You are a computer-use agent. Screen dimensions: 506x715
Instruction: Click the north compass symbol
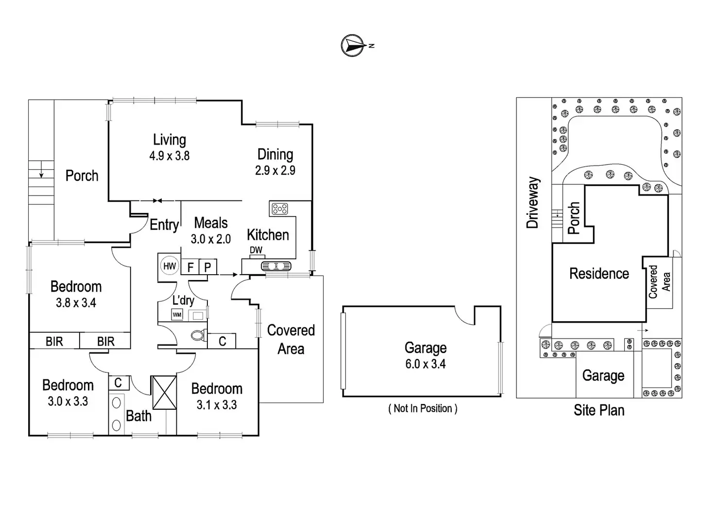tap(353, 46)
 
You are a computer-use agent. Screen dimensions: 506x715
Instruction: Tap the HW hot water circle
tap(169, 266)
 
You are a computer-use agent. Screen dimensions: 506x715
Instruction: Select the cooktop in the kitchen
tap(280, 209)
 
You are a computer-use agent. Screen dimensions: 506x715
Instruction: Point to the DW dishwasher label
tap(256, 250)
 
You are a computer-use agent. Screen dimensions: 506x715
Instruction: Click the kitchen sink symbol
tap(276, 266)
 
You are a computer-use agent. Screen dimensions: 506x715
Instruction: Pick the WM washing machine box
tap(177, 315)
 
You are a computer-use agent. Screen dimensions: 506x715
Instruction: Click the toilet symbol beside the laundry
tap(198, 335)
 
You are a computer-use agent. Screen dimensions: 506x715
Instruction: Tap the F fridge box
tap(190, 267)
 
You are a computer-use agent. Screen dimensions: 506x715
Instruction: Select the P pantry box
tap(208, 267)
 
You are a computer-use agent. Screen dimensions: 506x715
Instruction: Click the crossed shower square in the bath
tap(164, 393)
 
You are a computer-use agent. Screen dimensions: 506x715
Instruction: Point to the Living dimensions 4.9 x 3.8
tap(169, 156)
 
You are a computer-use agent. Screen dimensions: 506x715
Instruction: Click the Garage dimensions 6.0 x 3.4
tap(426, 364)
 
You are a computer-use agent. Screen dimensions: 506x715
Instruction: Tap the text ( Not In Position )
tap(423, 409)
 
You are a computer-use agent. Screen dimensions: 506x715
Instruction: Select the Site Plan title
tap(599, 410)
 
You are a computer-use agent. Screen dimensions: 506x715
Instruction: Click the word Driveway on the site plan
tap(533, 202)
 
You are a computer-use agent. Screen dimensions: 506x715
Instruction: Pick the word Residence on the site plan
tap(599, 274)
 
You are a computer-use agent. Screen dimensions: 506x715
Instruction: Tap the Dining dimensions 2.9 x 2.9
tap(275, 171)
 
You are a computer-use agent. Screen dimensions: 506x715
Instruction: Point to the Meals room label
tap(211, 223)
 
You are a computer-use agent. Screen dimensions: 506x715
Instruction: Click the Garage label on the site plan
tap(603, 376)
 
